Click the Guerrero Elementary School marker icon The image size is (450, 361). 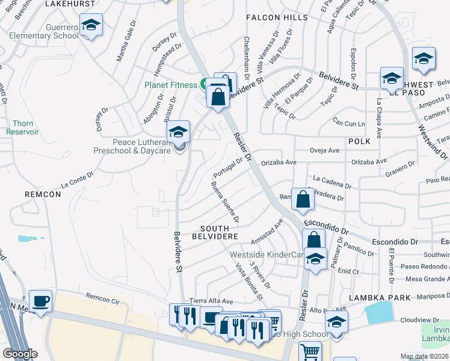pyautogui.click(x=91, y=26)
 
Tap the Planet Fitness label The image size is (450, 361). pyautogui.click(x=170, y=85)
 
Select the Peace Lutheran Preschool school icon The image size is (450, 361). pyautogui.click(x=179, y=131)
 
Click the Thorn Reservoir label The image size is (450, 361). pyautogui.click(x=22, y=127)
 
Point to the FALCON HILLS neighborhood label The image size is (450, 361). pyautogui.click(x=277, y=18)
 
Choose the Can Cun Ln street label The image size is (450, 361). pyautogui.click(x=350, y=123)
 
